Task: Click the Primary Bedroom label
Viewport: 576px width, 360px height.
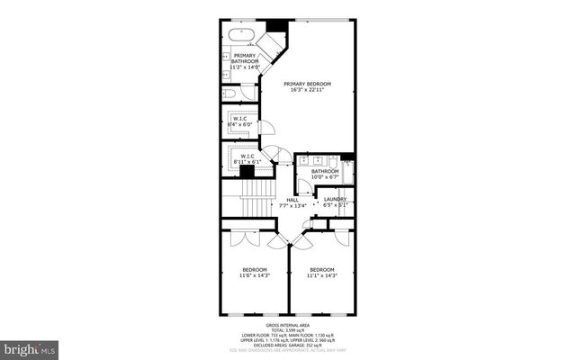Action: pos(307,83)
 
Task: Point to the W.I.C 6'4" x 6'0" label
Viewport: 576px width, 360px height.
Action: pos(240,121)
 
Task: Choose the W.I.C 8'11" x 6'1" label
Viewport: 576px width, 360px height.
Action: pos(247,159)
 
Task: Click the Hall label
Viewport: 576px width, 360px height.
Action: pos(292,200)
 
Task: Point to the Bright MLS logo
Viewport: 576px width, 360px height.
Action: pos(29,346)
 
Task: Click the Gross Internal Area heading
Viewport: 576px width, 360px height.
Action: pos(287,324)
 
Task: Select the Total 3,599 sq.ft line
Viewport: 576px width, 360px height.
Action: pos(287,329)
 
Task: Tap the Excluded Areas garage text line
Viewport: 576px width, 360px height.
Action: pos(287,345)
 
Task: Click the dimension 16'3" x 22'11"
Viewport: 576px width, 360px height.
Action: pos(307,89)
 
